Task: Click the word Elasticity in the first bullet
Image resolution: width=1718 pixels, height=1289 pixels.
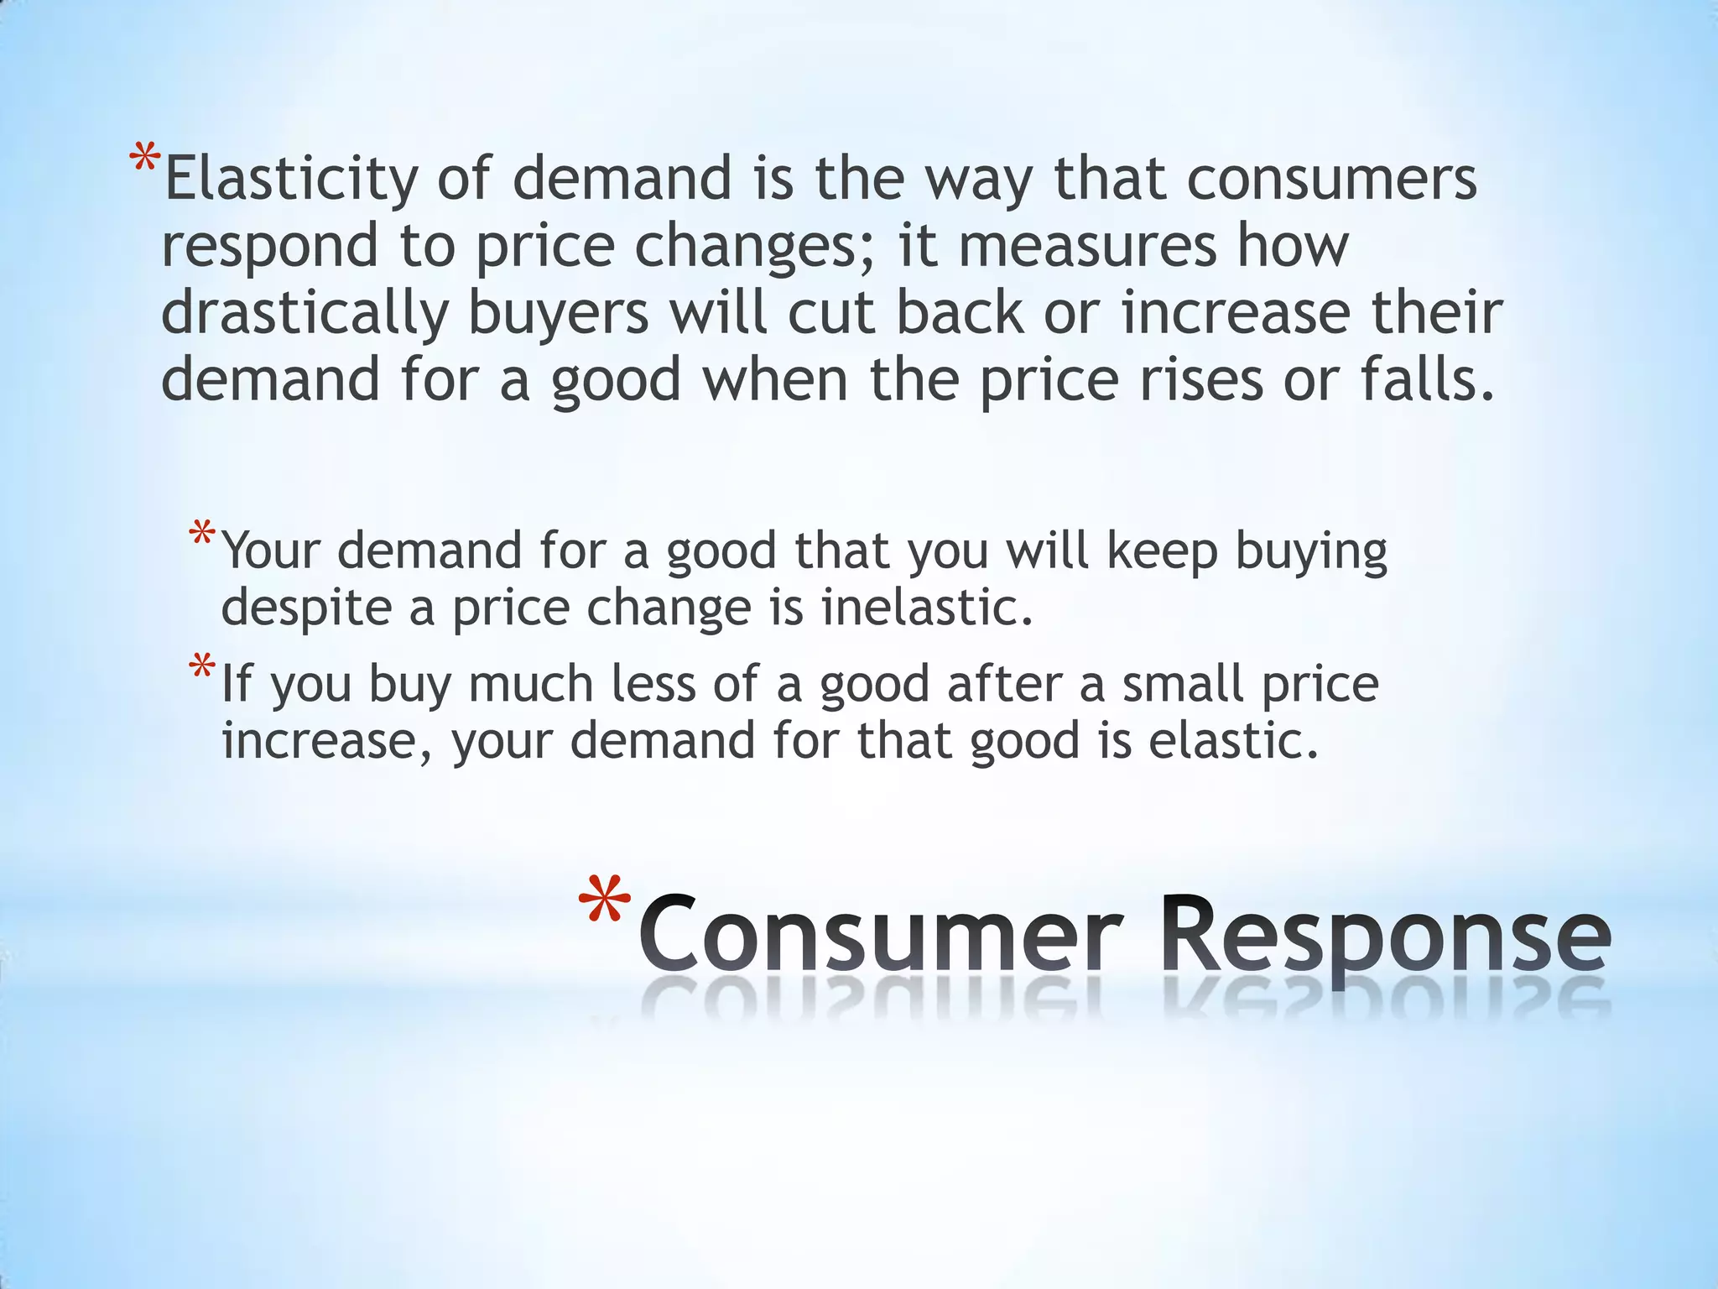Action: [289, 179]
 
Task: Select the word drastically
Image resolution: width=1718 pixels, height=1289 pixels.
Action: [305, 313]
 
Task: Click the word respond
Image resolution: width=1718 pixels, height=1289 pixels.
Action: [269, 246]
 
